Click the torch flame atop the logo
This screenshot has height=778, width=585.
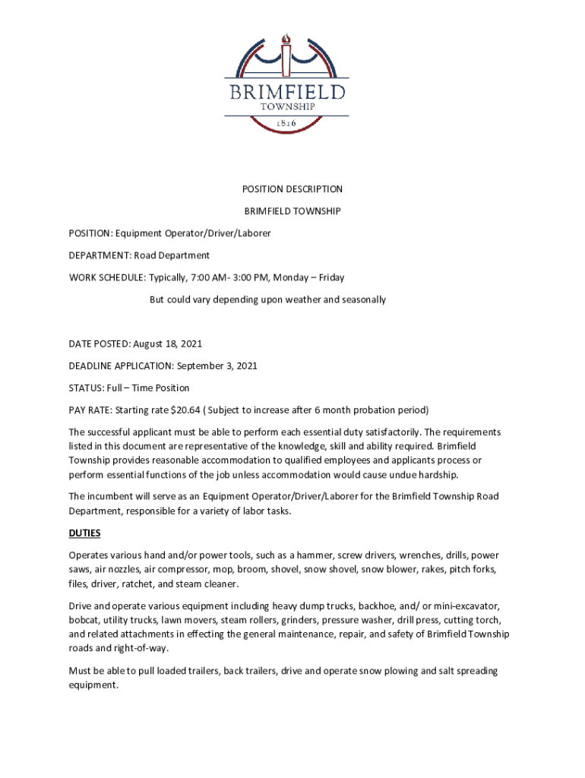coord(286,39)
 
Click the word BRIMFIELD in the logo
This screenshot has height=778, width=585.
coord(286,93)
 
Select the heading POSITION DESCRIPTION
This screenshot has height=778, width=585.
coord(292,189)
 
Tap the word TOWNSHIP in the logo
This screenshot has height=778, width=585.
coord(286,108)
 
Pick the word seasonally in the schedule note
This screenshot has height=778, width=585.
coord(362,299)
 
